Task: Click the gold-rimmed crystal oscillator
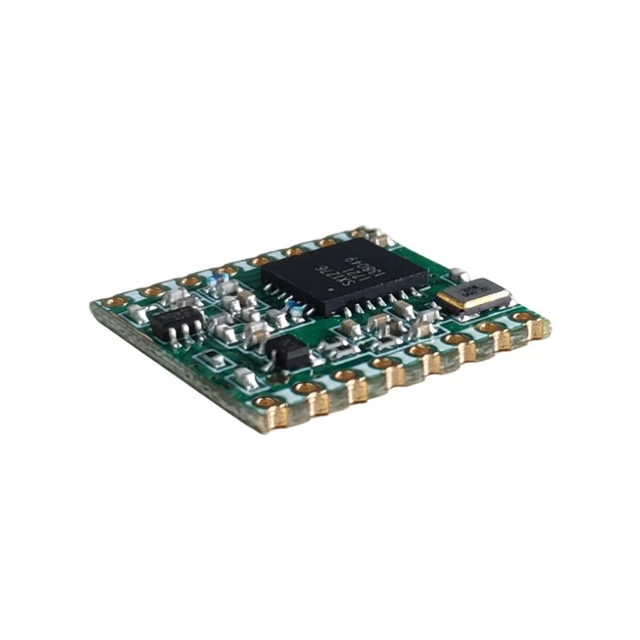pyautogui.click(x=474, y=294)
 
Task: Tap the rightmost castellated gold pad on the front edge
pyautogui.click(x=539, y=327)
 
